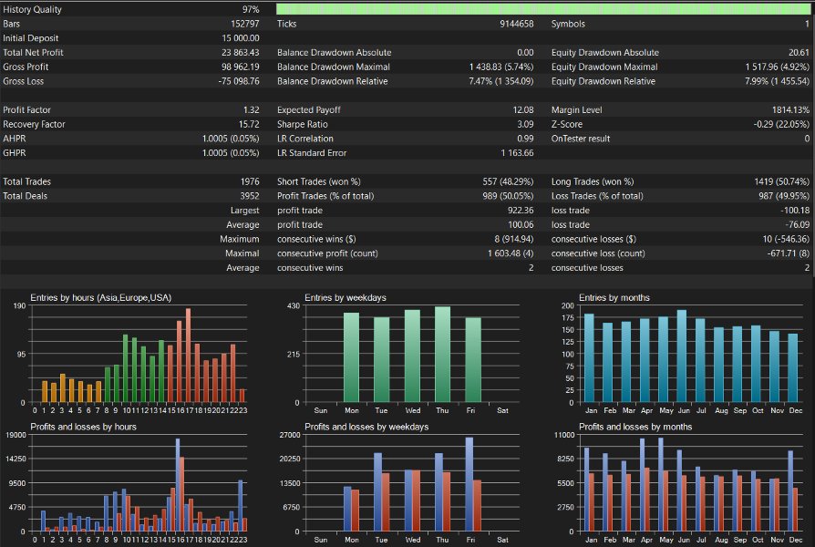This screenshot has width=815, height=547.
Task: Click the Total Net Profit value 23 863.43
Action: (x=240, y=53)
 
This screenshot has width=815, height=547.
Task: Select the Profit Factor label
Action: (x=27, y=109)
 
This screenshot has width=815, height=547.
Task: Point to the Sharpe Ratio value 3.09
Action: (x=525, y=124)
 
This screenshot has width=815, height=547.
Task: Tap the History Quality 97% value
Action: (x=251, y=9)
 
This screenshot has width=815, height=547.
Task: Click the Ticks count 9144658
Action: (x=517, y=24)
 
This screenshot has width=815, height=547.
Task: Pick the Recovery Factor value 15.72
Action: (x=249, y=124)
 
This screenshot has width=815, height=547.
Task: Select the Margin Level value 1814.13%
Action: (x=790, y=109)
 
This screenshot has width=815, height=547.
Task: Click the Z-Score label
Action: (x=566, y=124)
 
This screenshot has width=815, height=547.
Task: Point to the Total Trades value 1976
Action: (x=250, y=181)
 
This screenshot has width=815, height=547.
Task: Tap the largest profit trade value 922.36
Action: (x=521, y=210)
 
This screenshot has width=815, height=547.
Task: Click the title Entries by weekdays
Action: (x=346, y=297)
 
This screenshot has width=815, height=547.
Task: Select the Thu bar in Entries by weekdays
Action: (x=442, y=354)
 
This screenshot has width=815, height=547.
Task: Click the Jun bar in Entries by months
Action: (x=681, y=356)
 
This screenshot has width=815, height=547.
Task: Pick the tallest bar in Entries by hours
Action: (x=188, y=356)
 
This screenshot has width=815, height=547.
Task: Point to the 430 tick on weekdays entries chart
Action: (x=294, y=305)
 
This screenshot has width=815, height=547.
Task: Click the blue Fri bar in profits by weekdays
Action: (x=469, y=484)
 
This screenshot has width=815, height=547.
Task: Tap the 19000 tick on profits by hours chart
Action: (x=15, y=435)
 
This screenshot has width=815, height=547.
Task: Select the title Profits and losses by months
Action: (x=635, y=427)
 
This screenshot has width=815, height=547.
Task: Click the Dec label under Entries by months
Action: (x=795, y=410)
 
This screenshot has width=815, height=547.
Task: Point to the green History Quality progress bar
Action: (x=542, y=9)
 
